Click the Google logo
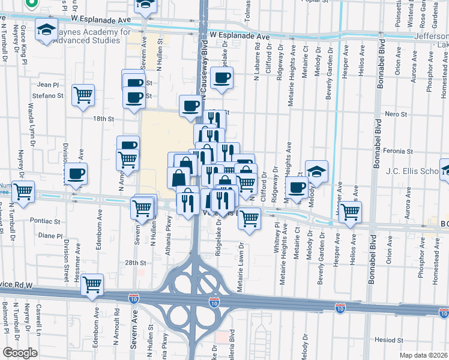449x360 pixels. (20, 353)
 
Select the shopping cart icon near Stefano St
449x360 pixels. (83, 95)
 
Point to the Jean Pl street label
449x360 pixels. (48, 85)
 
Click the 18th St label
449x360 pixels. (103, 119)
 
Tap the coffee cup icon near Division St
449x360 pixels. (76, 174)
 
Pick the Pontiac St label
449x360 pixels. (49, 221)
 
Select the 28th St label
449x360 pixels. (136, 263)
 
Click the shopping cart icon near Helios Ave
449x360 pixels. (350, 211)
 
